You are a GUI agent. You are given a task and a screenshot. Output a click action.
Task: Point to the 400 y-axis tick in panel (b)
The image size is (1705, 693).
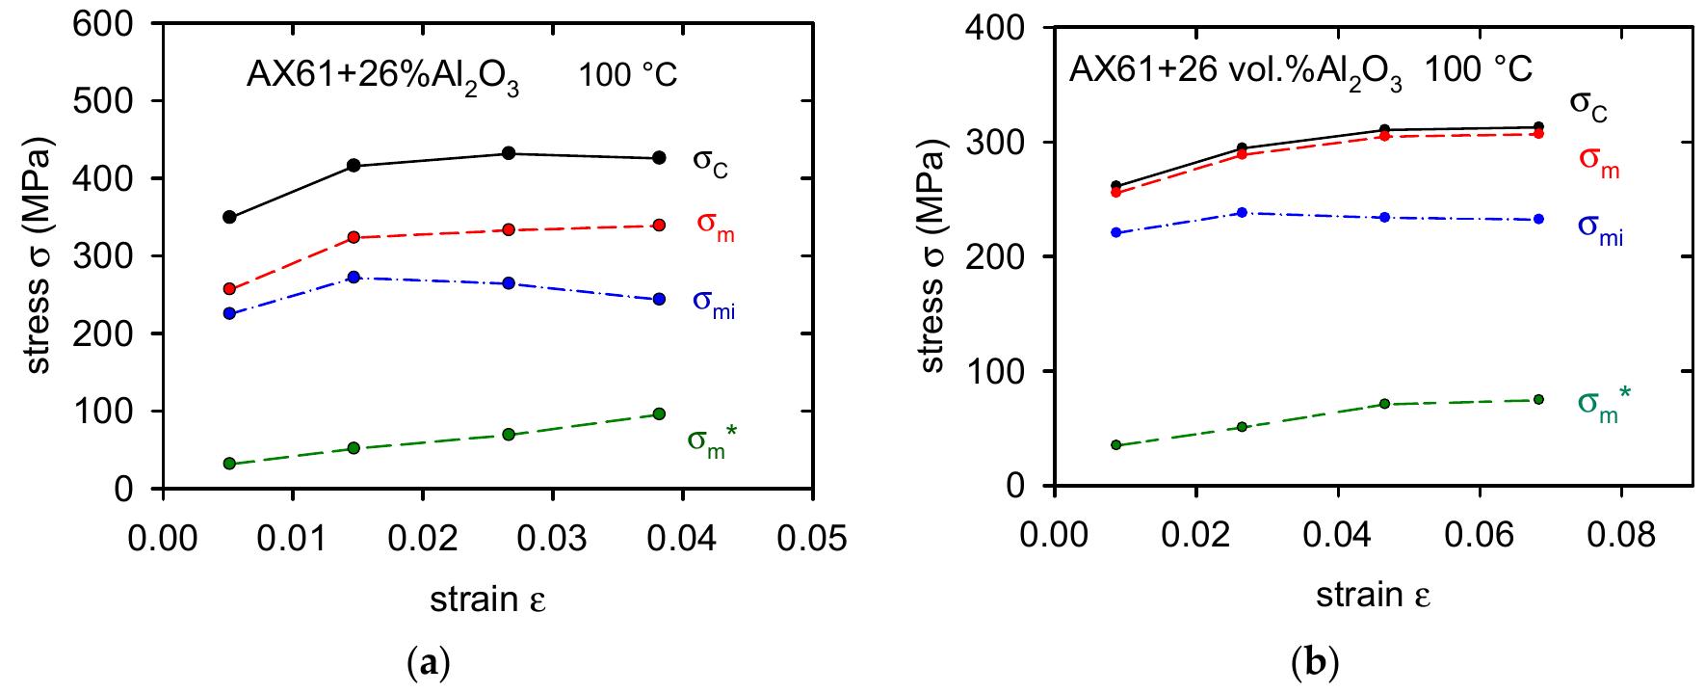(999, 29)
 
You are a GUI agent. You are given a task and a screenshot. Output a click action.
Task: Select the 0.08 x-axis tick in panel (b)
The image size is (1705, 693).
(1620, 533)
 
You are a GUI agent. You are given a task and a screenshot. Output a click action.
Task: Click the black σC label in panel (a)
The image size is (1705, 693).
(710, 161)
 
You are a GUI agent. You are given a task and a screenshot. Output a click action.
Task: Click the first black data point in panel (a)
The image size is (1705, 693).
(229, 217)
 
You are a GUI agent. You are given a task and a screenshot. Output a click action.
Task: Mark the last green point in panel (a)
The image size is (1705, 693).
(659, 413)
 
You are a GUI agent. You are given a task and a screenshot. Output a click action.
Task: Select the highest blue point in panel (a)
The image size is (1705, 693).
(354, 277)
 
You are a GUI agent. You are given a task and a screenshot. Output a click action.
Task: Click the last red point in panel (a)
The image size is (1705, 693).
(659, 225)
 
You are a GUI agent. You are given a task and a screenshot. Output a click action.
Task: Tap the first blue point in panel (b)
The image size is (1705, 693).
(1116, 232)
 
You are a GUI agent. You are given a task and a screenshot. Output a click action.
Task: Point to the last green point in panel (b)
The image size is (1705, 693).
(1538, 399)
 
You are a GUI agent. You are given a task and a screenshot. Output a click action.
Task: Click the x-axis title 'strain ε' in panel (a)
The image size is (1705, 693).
(487, 600)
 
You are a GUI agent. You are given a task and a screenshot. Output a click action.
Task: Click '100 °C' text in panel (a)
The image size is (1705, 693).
(627, 76)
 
